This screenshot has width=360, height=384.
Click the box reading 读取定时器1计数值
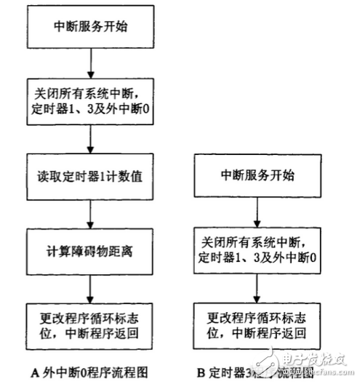[x=89, y=177]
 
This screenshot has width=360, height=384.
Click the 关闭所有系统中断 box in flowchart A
[x=89, y=103]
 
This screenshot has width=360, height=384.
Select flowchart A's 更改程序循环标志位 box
[x=89, y=324]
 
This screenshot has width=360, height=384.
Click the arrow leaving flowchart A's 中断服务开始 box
[x=89, y=64]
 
